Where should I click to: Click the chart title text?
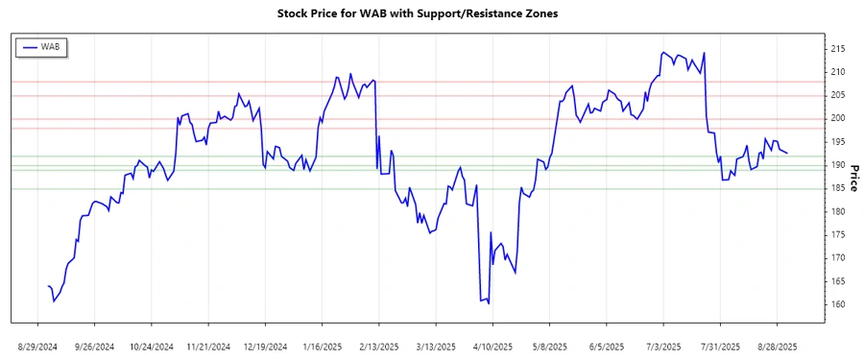click(x=417, y=14)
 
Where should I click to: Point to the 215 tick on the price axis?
click(x=837, y=48)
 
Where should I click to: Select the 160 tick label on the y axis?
click(x=837, y=304)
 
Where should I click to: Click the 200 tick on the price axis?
click(x=837, y=118)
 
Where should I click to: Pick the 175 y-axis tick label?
click(x=837, y=234)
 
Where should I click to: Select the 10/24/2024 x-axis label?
click(x=151, y=345)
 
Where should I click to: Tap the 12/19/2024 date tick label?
click(x=265, y=345)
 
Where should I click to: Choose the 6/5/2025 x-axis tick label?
click(x=607, y=345)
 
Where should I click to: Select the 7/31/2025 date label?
click(x=720, y=345)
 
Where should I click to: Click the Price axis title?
click(x=853, y=177)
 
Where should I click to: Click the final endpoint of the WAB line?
click(x=787, y=154)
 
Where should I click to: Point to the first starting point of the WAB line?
click(x=47, y=286)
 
